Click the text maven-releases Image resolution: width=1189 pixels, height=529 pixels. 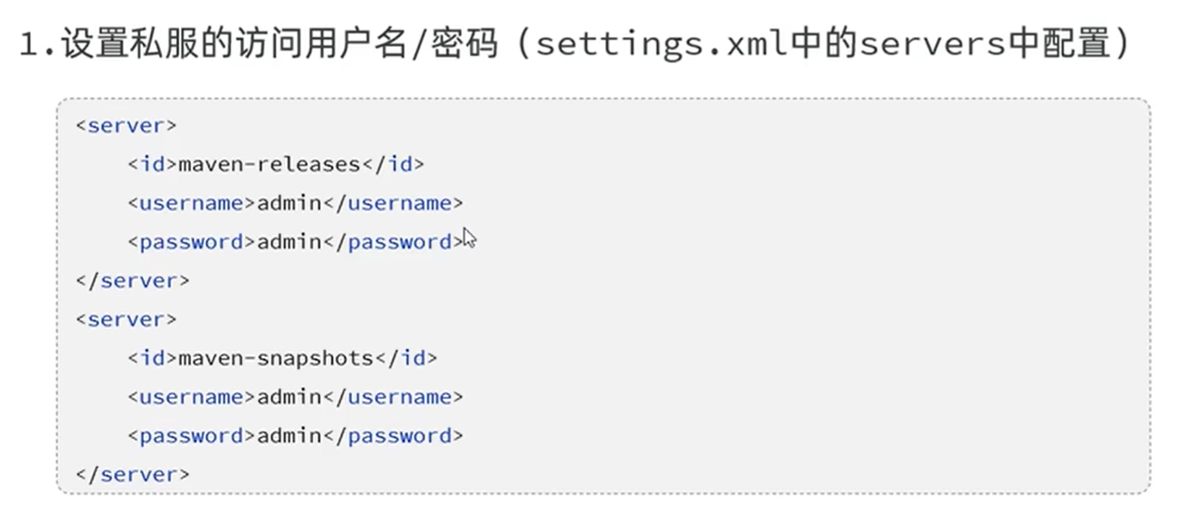coord(269,165)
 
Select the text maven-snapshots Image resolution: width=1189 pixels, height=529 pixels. coord(276,358)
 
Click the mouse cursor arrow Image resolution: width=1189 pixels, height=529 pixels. coord(470,238)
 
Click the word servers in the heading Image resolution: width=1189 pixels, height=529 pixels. coord(932,44)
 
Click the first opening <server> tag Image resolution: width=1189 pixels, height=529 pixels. coord(126,125)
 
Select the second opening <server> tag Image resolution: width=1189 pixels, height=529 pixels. coord(126,319)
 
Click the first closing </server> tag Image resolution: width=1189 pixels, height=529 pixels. coord(132,280)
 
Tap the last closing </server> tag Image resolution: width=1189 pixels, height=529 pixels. coord(132,474)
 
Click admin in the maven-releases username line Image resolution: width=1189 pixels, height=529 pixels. coord(289,203)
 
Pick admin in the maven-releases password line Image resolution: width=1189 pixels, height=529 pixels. coord(289,242)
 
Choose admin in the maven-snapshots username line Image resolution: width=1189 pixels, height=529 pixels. coord(289,397)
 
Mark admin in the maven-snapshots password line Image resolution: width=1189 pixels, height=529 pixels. coord(289,435)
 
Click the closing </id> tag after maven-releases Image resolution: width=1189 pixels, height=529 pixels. coord(393,164)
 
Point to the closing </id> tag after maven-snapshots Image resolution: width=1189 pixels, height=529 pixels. coord(406,358)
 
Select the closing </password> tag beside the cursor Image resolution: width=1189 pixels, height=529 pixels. coord(393,242)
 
